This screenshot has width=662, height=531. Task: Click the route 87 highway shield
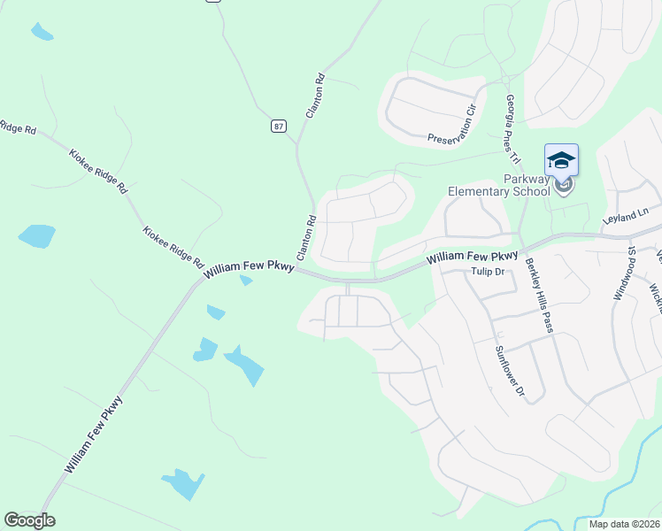(279, 127)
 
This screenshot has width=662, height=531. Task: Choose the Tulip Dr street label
(487, 272)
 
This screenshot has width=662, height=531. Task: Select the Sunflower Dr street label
(509, 370)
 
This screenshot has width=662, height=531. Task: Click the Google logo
(29, 520)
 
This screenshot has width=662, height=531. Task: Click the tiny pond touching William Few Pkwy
(246, 281)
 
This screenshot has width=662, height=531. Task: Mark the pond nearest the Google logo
(184, 483)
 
